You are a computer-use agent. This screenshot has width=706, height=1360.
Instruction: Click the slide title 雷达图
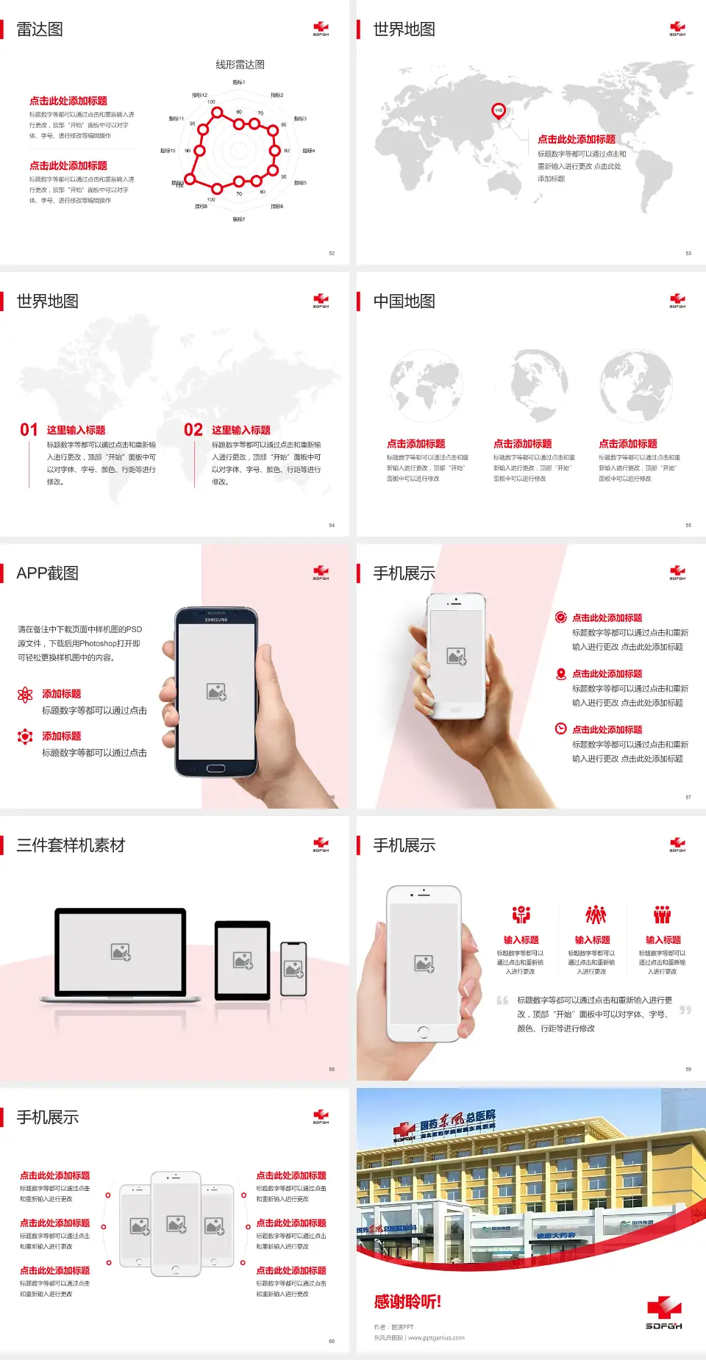[x=40, y=29]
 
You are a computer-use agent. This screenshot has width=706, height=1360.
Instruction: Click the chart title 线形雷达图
[x=240, y=65]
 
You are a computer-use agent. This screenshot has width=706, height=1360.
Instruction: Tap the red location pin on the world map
[x=499, y=111]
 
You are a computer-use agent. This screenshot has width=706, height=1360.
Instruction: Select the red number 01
[x=29, y=430]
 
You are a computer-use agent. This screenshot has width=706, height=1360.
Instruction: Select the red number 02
[x=193, y=430]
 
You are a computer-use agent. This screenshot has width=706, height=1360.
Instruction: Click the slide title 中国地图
[x=404, y=301]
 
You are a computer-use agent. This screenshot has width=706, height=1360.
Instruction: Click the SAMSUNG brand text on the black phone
[x=216, y=620]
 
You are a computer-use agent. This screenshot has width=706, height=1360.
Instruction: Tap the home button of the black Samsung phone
[x=215, y=768]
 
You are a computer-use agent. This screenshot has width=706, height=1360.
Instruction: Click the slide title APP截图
[x=48, y=573]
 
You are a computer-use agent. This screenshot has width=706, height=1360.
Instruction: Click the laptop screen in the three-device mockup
[x=121, y=952]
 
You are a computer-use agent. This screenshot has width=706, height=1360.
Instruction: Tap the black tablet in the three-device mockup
[x=243, y=959]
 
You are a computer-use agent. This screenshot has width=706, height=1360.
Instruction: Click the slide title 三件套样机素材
[x=71, y=845]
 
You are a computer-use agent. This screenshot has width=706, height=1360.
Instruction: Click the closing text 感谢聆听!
[x=407, y=1302]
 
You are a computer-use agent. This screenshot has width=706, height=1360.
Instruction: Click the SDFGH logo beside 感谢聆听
[x=664, y=1314]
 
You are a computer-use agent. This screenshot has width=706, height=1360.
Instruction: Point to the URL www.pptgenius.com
[x=436, y=1338]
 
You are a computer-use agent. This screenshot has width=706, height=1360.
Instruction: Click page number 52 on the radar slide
[x=332, y=253]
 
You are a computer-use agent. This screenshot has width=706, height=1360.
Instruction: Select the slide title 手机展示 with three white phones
[x=48, y=1117]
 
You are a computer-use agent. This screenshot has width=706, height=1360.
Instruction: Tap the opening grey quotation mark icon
[x=502, y=1000]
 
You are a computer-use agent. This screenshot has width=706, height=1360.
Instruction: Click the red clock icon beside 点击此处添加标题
[x=560, y=729]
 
